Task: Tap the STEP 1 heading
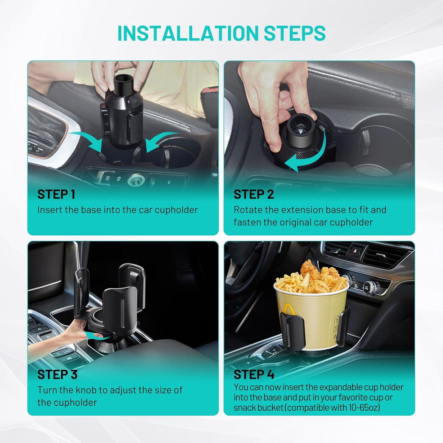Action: (x=56, y=194)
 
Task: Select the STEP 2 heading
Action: (x=254, y=194)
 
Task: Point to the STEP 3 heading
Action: (x=57, y=374)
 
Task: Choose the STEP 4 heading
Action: (x=254, y=374)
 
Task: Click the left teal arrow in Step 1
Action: (x=87, y=139)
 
